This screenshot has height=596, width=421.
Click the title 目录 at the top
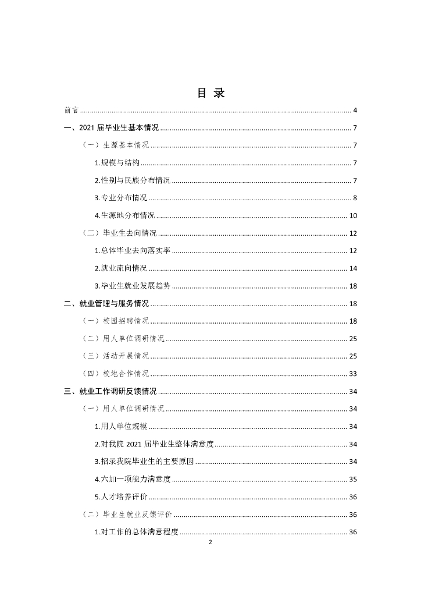tap(211, 93)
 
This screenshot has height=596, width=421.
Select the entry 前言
tap(72, 110)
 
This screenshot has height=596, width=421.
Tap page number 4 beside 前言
tap(355, 110)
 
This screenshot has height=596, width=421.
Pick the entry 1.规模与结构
tap(117, 163)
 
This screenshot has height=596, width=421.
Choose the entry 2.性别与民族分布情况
tap(133, 180)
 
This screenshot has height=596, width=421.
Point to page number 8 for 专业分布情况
tap(355, 198)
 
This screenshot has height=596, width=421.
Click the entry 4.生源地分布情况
tap(124, 216)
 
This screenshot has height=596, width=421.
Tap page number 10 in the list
tap(353, 216)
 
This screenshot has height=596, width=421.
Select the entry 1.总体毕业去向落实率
tap(133, 251)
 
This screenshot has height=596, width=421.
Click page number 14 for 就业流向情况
tap(353, 268)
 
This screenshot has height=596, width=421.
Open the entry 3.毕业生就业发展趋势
tap(133, 286)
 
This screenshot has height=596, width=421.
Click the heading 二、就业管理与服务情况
tap(106, 303)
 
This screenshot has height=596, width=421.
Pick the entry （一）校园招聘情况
tap(116, 321)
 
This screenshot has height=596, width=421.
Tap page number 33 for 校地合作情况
tap(353, 374)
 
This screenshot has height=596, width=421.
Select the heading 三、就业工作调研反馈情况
tap(110, 391)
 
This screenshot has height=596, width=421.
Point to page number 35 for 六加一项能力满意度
tap(353, 479)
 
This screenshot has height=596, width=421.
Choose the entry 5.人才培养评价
tap(121, 496)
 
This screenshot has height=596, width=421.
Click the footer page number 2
tap(211, 542)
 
